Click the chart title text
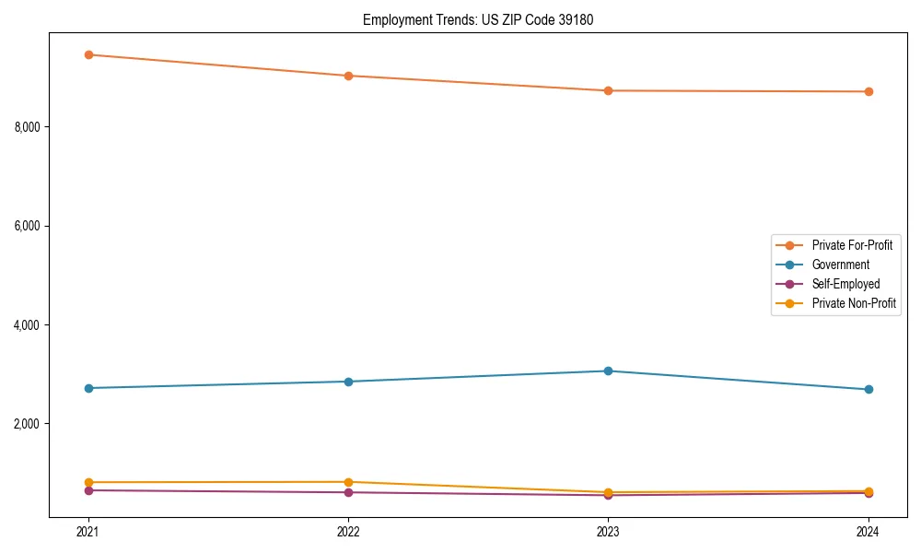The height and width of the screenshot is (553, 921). coord(484,19)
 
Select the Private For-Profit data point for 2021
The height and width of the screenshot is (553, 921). coord(88,54)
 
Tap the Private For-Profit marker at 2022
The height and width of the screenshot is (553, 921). coord(348,76)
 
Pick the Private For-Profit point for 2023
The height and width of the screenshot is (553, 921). coord(608,90)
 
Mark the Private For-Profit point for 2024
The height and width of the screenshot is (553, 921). coord(869,91)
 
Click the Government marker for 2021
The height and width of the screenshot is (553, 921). coord(88,388)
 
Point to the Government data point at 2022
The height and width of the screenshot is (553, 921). coord(348,382)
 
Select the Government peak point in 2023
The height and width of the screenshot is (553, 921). coord(608,371)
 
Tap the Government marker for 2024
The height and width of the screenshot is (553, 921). coord(869,389)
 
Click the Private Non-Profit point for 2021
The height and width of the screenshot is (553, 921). coord(88,482)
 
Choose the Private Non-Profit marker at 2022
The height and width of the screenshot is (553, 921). coord(348,482)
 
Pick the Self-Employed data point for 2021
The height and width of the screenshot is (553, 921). coord(88,490)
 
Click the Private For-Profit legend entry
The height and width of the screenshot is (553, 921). coord(851,245)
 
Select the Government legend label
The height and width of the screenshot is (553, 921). coord(840,265)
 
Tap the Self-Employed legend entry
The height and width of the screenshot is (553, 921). coord(845,284)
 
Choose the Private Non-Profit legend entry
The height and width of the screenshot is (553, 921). coord(854,303)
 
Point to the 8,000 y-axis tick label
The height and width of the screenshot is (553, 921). coord(29,126)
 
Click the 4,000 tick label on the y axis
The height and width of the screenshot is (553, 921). coord(29,325)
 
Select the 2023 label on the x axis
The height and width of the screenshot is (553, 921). coord(608,531)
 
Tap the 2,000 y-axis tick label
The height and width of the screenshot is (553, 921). coord(29,424)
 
